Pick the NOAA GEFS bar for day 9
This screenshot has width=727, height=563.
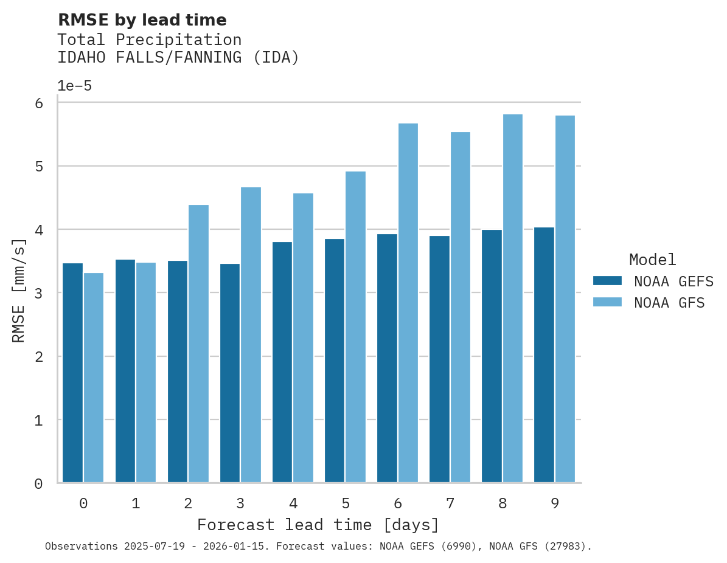tap(544, 355)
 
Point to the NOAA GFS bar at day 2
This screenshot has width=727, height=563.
tap(198, 344)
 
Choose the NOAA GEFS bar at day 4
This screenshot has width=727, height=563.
tap(282, 362)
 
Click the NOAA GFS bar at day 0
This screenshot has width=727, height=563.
tap(94, 378)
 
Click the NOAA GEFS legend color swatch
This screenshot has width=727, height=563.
tap(607, 281)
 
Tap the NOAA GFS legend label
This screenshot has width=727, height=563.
tap(669, 303)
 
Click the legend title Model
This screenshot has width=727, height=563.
tap(652, 260)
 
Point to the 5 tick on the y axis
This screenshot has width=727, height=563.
tap(38, 167)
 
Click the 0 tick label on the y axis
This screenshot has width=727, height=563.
tap(38, 484)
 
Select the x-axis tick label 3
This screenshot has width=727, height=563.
tap(240, 503)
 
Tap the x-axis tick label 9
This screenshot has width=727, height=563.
tap(555, 503)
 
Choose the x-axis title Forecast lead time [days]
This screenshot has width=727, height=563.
tap(318, 525)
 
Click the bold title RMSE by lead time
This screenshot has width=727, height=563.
tap(142, 20)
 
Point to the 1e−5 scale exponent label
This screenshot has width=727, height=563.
tap(74, 86)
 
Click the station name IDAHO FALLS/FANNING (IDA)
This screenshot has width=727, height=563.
tap(178, 58)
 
